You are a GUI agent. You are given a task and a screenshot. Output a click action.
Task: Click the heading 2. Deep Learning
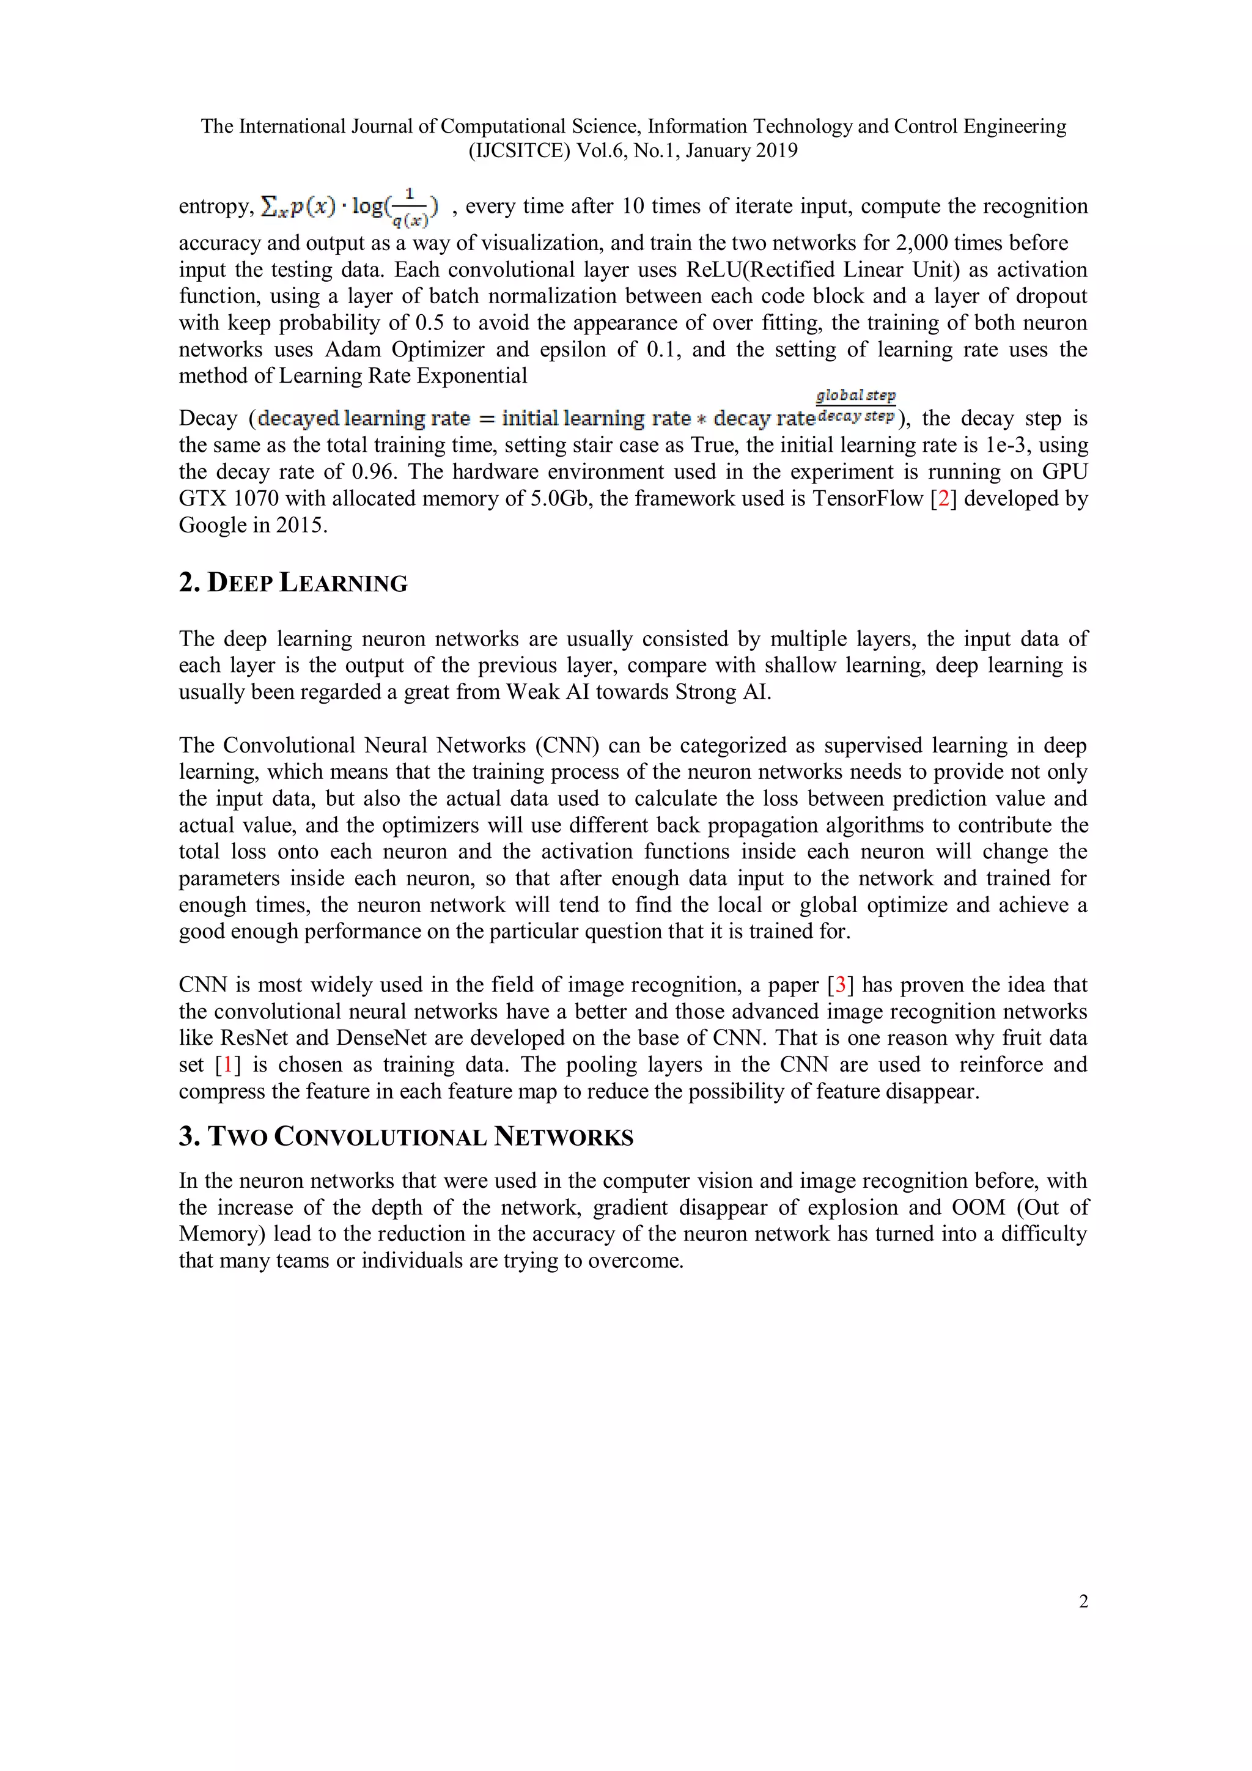tap(293, 583)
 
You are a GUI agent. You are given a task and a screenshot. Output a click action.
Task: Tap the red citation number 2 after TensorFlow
tap(943, 498)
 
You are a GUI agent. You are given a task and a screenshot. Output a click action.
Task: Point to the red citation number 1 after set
tap(227, 1065)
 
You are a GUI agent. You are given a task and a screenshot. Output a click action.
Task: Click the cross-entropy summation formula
tap(350, 207)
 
